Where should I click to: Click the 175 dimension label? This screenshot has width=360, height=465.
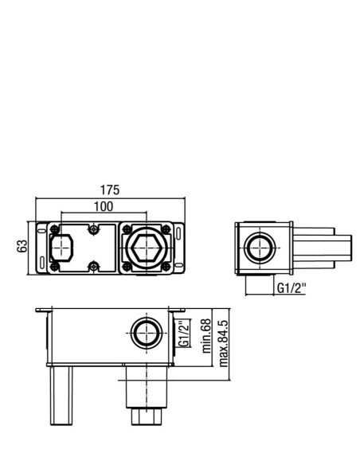(x=110, y=190)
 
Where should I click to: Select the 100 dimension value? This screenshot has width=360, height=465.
(x=104, y=206)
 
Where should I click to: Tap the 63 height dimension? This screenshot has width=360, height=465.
(x=22, y=246)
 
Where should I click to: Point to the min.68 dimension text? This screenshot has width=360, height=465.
(x=207, y=336)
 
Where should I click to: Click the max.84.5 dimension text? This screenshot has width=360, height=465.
(x=223, y=343)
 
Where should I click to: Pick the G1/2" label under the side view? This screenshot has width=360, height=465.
(x=292, y=287)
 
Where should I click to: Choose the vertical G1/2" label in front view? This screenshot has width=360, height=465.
(x=185, y=333)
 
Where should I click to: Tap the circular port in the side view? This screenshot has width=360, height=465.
(x=260, y=248)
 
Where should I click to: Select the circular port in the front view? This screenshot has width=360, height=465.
(x=147, y=334)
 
